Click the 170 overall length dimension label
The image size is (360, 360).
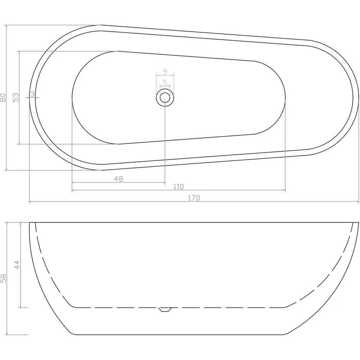(194, 198)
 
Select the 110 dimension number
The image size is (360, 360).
(179, 186)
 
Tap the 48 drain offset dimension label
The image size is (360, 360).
(118, 179)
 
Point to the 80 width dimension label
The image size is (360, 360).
(3, 97)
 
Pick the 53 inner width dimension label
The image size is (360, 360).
(15, 98)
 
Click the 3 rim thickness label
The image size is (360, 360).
(32, 94)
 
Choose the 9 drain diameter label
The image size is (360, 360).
(165, 72)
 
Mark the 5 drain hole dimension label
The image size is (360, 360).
(165, 82)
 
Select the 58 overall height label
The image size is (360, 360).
(3, 278)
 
